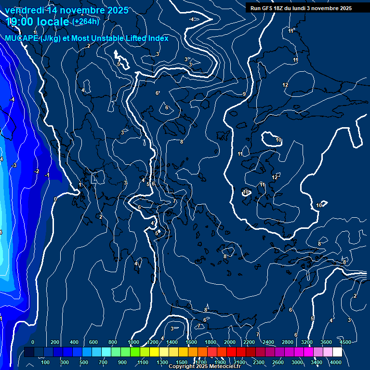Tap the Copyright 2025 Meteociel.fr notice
pyautogui.click(x=204, y=367)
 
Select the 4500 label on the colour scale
pyautogui.click(x=345, y=342)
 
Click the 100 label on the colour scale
pyautogui.click(x=45, y=362)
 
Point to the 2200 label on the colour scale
pyautogui.click(x=249, y=342)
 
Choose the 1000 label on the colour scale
pyautogui.click(x=133, y=342)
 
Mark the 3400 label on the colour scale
pyautogui.click(x=317, y=362)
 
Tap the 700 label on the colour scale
pyautogui.click(x=103, y=362)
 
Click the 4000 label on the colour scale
pyautogui.click(x=336, y=362)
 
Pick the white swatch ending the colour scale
pyautogui.click(x=337, y=352)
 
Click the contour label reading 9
pyautogui.click(x=244, y=94)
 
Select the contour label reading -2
pyautogui.click(x=37, y=171)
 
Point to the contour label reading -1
pyautogui.click(x=47, y=174)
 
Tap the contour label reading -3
pyautogui.click(x=14, y=165)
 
